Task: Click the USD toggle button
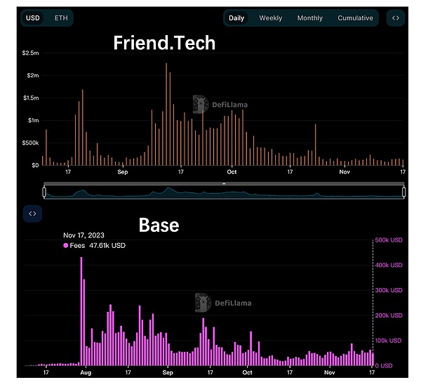click(33, 18)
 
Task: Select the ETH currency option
click(61, 18)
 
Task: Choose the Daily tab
click(236, 18)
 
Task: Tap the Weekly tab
click(271, 18)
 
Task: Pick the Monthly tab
click(310, 18)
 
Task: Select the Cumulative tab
click(355, 18)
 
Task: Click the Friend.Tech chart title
click(164, 44)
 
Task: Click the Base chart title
click(159, 225)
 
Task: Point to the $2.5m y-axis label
click(30, 53)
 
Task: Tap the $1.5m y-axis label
click(30, 98)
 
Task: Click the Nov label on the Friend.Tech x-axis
click(345, 172)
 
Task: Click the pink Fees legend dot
click(66, 246)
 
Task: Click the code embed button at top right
click(396, 18)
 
